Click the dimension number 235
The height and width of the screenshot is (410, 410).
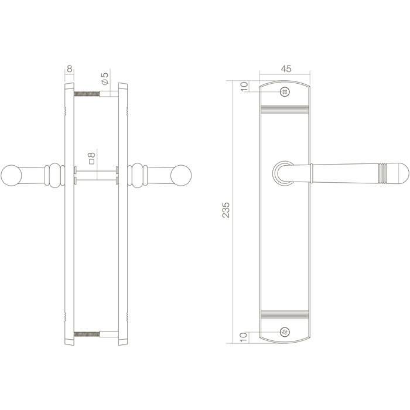227,210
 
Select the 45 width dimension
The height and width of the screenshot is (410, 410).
285,69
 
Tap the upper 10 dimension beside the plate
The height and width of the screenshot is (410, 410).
244,87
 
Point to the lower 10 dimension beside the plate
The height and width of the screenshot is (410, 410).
244,338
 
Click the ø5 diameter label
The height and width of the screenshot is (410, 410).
105,77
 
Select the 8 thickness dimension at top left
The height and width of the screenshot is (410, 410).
70,68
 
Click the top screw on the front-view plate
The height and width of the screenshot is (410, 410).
285,91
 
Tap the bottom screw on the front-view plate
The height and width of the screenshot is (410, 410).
285,333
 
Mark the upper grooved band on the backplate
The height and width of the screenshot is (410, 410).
285,109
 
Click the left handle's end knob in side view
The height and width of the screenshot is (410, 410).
11,175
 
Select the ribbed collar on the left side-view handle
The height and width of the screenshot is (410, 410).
53,175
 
